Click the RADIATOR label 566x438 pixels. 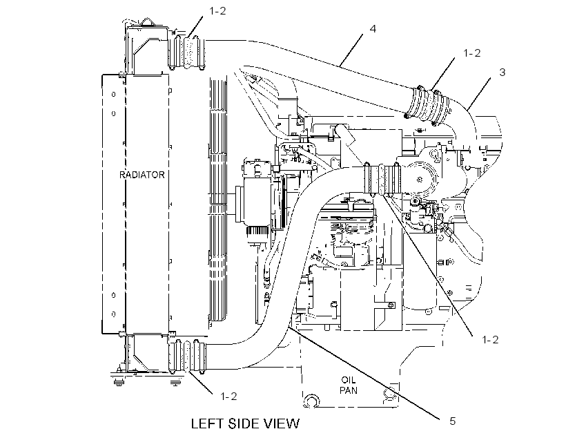[142, 175]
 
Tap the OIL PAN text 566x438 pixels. [349, 385]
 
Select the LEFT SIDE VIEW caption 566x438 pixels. [245, 423]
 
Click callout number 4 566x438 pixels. [373, 28]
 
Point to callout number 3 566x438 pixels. [502, 73]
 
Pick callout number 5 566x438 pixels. [453, 421]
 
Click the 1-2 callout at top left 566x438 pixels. [217, 11]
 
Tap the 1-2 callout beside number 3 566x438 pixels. [472, 53]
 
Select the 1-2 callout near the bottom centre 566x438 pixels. [229, 397]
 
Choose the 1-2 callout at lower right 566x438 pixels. [490, 340]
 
